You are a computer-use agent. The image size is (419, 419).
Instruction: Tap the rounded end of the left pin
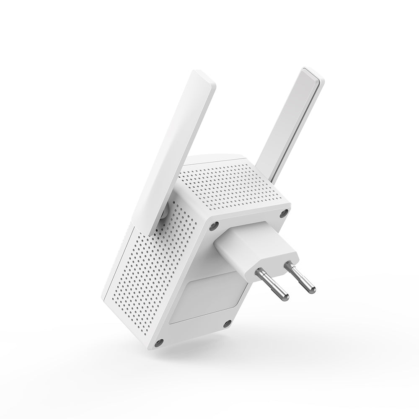(285, 296)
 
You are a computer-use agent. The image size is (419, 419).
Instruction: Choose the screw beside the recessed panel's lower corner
(228, 322)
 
